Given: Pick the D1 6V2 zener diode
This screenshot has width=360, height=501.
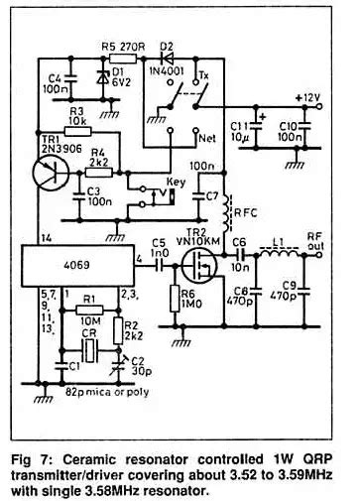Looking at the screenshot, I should [x=100, y=77].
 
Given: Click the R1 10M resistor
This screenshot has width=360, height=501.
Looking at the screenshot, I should [x=89, y=310].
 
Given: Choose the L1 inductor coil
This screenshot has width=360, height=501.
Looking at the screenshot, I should [x=281, y=253].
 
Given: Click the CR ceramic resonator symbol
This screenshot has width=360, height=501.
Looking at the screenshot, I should [x=90, y=349].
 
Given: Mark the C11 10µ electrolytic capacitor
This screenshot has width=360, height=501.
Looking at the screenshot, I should [x=260, y=127].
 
